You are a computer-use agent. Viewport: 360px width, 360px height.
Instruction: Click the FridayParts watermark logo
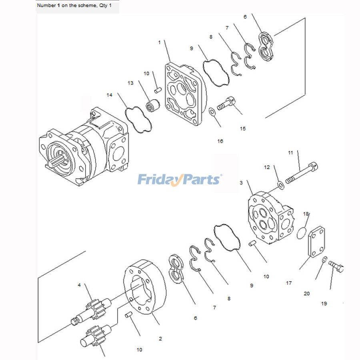tap(180, 179)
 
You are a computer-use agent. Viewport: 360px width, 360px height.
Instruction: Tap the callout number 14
tap(109, 95)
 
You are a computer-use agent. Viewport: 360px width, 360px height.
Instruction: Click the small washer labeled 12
tap(281, 184)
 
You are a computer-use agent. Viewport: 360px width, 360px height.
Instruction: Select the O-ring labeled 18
tap(302, 234)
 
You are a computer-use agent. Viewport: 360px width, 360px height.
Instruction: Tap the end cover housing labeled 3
tap(270, 218)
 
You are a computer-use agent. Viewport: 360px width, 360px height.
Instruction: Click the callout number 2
tap(160, 339)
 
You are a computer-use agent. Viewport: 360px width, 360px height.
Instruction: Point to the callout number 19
tap(324, 304)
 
